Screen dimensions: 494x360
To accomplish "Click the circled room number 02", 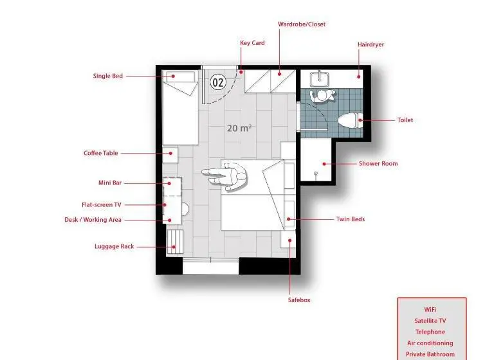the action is click(218, 82).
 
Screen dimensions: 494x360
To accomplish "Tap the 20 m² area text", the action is click(239, 128).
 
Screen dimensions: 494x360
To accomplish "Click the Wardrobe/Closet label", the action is click(302, 24).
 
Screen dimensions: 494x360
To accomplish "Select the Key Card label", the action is click(252, 43).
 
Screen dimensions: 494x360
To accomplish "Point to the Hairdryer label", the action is click(370, 44).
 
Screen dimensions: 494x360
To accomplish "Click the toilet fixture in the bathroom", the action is click(350, 120).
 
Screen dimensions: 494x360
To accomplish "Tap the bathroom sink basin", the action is click(320, 78).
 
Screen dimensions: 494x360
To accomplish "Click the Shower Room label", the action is click(378, 163).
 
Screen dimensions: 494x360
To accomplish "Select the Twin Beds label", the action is click(351, 219).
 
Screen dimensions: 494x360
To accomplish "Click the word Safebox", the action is click(299, 300).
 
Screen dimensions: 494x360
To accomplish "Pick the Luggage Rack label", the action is click(114, 246).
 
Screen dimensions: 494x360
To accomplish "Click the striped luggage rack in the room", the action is click(174, 241).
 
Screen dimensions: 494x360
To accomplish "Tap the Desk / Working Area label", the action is click(93, 219).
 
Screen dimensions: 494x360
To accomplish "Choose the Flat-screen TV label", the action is click(102, 204).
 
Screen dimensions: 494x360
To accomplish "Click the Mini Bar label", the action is click(110, 183).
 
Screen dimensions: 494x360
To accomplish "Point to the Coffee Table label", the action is click(100, 153).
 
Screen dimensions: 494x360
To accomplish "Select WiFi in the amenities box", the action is click(430, 310).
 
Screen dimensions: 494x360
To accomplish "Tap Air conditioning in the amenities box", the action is click(430, 343).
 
